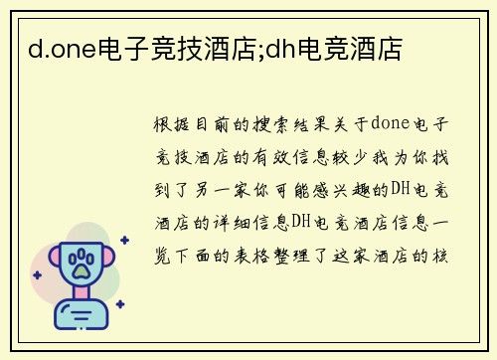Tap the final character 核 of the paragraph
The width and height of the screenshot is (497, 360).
(x=446, y=256)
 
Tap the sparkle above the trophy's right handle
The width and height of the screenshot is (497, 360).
(x=124, y=241)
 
